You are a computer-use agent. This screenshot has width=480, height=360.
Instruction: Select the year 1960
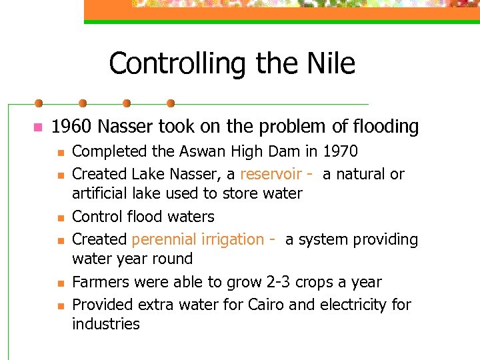tap(72, 127)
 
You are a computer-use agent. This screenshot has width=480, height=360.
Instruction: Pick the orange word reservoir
tap(271, 174)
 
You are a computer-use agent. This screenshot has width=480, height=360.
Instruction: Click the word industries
tap(106, 324)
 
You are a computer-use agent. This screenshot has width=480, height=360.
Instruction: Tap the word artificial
tap(101, 193)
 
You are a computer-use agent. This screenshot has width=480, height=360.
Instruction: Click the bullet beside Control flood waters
tap(59, 218)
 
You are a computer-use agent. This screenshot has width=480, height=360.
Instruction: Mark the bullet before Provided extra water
tap(59, 306)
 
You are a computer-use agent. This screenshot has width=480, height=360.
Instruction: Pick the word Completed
tap(107, 151)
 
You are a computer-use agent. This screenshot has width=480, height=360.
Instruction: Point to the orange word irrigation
tap(233, 239)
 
